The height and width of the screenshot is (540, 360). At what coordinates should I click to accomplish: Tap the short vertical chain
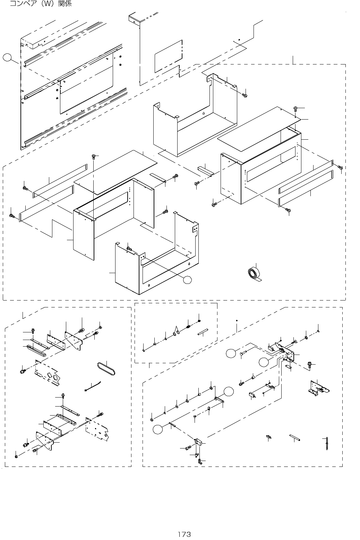(326, 443)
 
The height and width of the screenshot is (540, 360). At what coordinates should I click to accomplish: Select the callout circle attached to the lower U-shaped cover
(187, 279)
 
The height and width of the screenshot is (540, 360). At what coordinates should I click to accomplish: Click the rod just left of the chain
(295, 437)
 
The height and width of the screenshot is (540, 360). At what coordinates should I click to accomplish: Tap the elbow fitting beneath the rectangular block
(200, 461)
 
